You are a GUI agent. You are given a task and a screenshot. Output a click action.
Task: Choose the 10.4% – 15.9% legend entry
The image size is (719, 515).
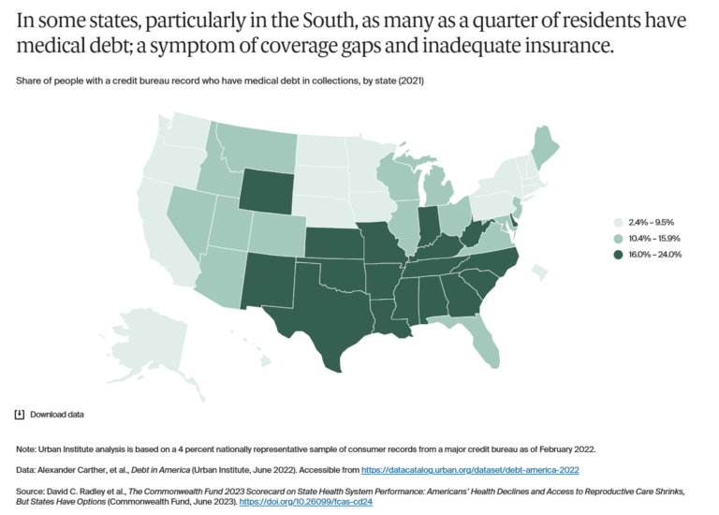(x=647, y=238)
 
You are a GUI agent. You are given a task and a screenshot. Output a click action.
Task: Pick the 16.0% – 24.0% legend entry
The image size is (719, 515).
(x=647, y=254)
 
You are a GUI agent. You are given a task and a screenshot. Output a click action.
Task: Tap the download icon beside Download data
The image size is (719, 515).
(x=20, y=414)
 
